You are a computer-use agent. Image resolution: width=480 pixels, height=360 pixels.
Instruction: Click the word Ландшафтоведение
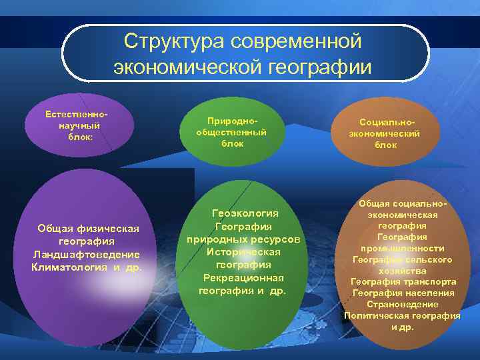pos(86,254)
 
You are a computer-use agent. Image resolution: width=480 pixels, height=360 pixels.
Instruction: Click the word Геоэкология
pos(245,213)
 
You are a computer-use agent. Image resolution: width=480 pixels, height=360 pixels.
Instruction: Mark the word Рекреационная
pos(243,277)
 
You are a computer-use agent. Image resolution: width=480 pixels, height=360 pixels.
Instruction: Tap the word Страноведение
pos(403,304)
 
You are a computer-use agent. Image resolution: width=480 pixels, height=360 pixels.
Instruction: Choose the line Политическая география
pos(402,315)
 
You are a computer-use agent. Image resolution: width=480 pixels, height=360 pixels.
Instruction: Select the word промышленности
pos(403,248)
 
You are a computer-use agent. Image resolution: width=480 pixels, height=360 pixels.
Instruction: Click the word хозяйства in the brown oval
pos(403,271)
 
